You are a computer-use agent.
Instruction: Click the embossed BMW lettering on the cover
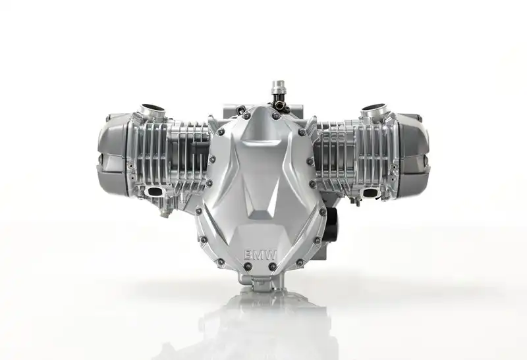[x=260, y=255]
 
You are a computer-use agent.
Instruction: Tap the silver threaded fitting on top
[x=278, y=89]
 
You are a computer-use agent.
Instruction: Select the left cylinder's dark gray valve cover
[x=113, y=155]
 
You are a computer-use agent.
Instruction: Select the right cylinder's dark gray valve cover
[x=414, y=154]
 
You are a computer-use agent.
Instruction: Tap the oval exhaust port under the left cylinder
[x=155, y=192]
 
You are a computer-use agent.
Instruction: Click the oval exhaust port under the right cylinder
[x=371, y=193]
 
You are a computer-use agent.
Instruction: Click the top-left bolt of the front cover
[x=247, y=116]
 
